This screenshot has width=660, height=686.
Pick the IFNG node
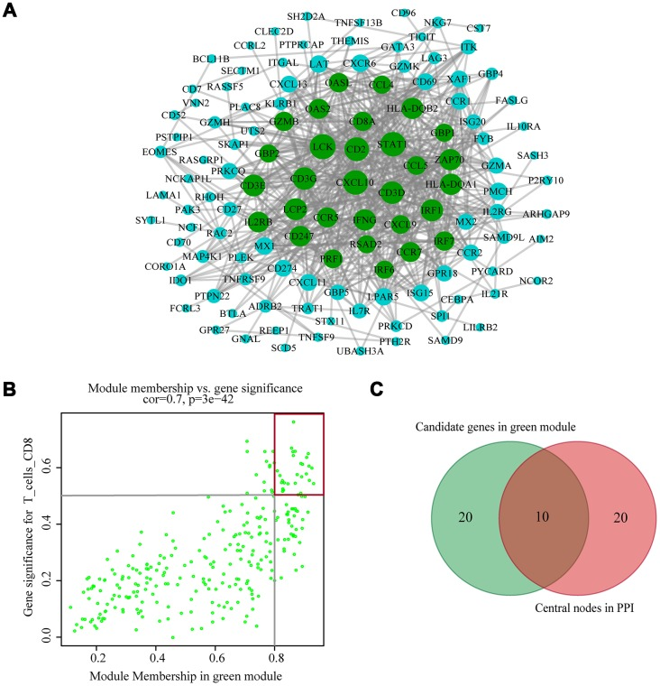pos(363,218)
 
